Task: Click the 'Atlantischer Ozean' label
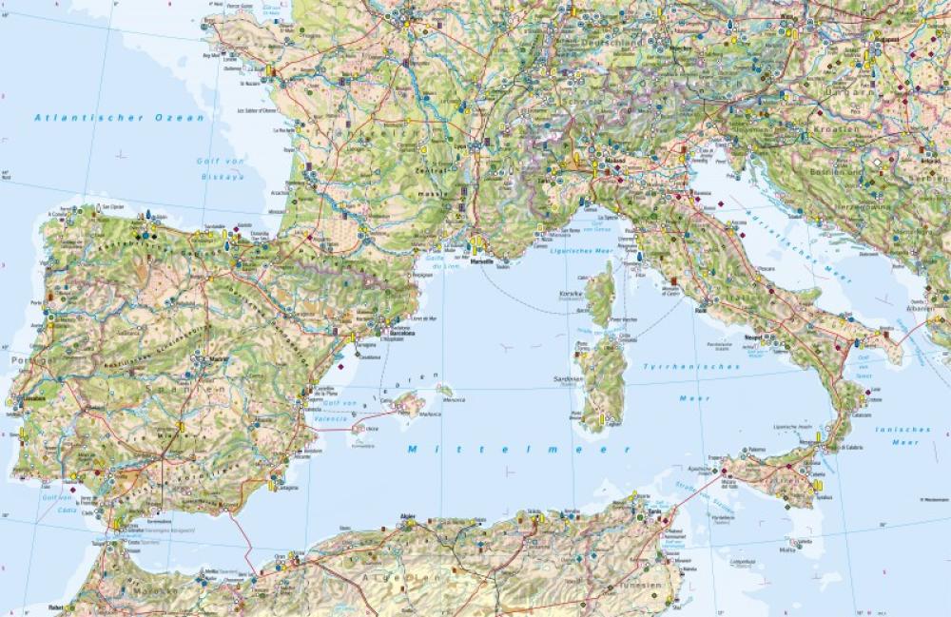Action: (119, 117)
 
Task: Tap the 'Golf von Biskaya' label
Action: (221, 168)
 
